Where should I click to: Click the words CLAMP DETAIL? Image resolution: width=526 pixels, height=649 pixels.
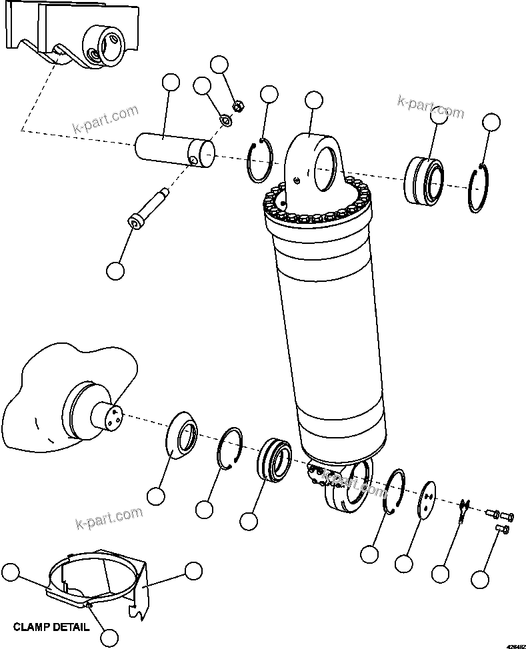coord(51,627)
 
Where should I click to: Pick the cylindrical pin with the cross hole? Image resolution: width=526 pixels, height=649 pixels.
coord(175,150)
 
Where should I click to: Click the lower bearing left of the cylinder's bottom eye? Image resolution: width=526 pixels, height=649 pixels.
coord(273,460)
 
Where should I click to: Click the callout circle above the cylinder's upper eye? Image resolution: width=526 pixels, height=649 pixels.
coord(313,100)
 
